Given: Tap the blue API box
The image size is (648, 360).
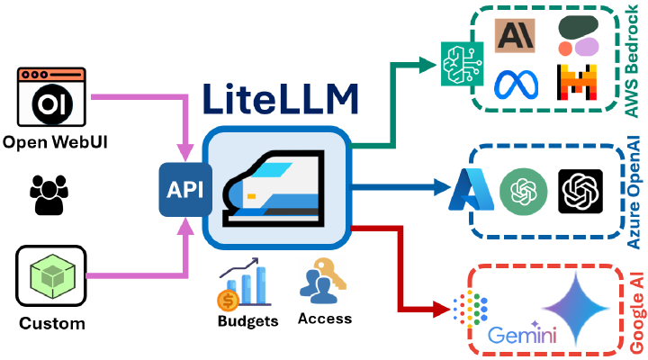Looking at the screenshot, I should coord(185,190).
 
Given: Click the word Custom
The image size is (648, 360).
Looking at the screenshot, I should coord(50,323).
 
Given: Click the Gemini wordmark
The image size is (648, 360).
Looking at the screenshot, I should coord(522,337).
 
